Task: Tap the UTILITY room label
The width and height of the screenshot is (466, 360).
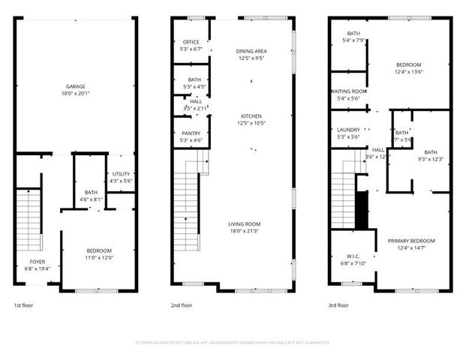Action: [x=120, y=174]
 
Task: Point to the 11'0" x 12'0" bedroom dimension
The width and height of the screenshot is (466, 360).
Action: [x=98, y=257]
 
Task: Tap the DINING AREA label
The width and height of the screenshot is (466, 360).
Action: [x=251, y=51]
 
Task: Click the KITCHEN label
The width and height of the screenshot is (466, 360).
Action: [x=251, y=116]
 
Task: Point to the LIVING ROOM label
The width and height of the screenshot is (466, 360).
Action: [x=244, y=224]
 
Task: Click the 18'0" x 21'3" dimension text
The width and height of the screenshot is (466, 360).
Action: [x=244, y=231]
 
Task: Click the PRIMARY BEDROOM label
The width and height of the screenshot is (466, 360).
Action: [x=410, y=240]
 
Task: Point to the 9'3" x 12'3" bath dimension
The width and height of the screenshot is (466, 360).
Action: [x=429, y=159]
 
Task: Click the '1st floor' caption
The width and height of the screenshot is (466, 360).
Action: [x=23, y=305]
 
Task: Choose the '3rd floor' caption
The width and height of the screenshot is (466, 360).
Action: [x=338, y=305]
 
